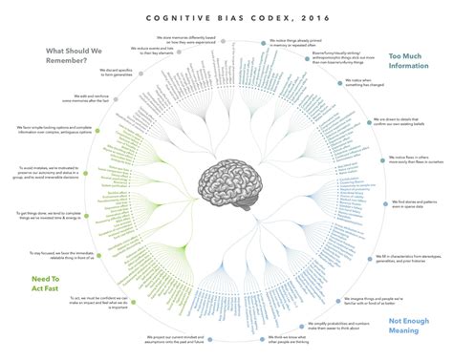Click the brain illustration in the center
(x=226, y=180)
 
